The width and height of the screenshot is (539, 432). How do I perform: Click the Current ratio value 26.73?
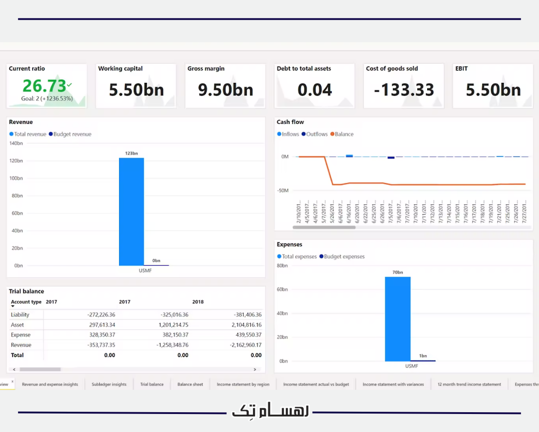point(44,85)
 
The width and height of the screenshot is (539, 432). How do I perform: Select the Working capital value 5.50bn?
point(136,90)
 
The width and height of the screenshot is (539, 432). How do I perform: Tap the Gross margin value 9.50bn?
point(225,90)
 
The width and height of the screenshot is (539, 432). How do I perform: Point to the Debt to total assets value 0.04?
point(314,90)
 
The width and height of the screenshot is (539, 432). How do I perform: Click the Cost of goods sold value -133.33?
point(404,90)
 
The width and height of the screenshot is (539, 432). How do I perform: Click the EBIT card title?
point(461,69)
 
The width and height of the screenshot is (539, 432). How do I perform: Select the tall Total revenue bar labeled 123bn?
point(131,211)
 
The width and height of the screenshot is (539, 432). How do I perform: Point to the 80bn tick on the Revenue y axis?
point(17,196)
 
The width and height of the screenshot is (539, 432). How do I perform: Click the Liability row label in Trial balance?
point(20,315)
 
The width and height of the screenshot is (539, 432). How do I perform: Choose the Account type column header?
point(26,302)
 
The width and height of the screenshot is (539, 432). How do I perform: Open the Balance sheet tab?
point(190,384)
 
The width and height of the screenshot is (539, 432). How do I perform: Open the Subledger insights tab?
point(109,384)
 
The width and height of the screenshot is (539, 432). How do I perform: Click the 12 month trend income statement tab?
point(469,384)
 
